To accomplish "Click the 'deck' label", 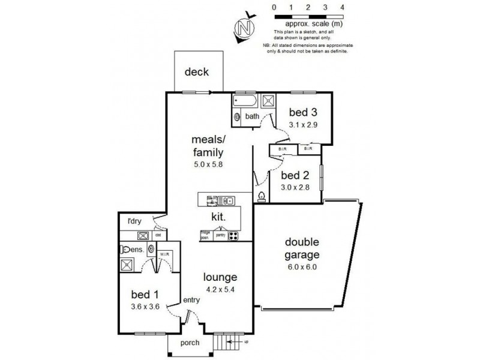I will point(196,73).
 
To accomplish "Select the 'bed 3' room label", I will point(303,112).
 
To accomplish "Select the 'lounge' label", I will point(221,277).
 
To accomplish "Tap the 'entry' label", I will point(191,301).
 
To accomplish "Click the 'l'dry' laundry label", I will point(134,221).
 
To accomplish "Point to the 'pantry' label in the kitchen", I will point(220,236).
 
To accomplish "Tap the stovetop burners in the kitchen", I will point(233,236).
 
